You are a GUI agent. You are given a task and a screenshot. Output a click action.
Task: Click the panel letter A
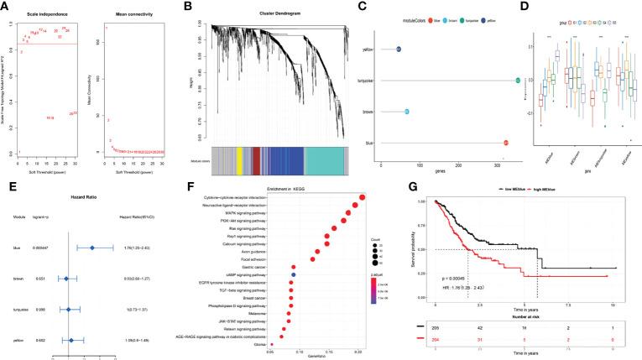coord(6,7)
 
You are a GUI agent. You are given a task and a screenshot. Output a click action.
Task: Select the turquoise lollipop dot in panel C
coord(519,81)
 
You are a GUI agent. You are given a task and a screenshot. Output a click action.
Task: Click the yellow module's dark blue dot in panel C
coord(399,50)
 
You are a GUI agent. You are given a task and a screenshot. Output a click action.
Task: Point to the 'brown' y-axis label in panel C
coord(367,111)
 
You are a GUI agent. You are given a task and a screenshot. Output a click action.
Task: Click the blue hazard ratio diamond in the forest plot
coord(92,248)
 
